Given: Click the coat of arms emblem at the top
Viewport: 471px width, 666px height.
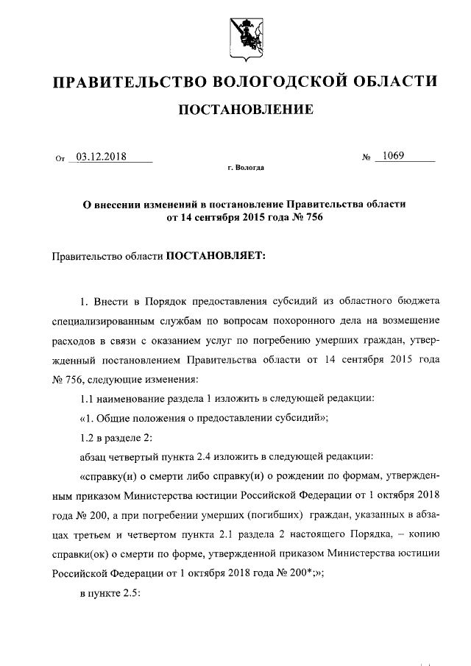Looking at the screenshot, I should pos(247,35).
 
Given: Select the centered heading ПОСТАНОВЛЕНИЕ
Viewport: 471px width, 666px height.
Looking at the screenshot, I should pos(246,110).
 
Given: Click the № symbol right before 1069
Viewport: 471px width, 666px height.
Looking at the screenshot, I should pos(366,157).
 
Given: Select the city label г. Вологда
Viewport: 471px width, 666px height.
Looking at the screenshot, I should pos(246,169).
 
